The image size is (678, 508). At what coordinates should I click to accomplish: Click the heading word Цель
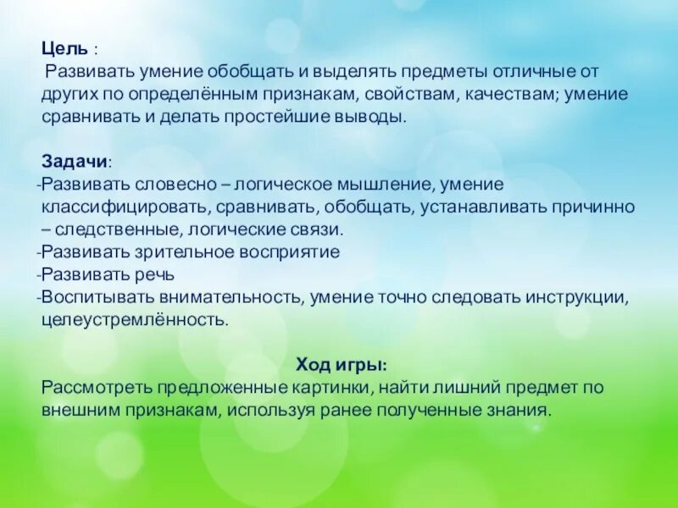pos(63,49)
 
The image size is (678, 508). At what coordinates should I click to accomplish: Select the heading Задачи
pos(75,161)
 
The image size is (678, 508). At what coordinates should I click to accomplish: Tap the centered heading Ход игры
pos(342,365)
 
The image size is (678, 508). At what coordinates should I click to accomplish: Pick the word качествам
pos(508,94)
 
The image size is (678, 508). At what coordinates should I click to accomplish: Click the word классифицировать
pos(122,207)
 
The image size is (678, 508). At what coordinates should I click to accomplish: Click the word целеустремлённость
pos(135,320)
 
